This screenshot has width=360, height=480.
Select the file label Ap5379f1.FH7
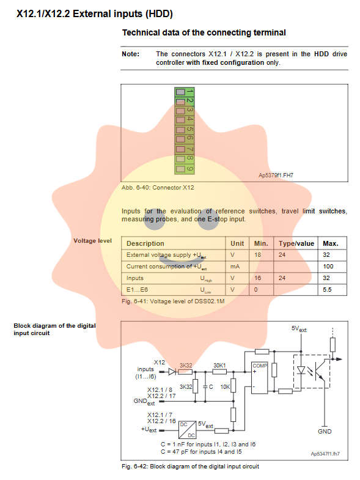(276, 175)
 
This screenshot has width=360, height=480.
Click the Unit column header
(237, 243)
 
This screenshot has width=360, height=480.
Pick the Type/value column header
(296, 243)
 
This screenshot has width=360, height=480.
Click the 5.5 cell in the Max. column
(327, 290)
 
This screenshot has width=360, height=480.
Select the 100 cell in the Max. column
(328, 267)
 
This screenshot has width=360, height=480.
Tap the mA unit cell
(235, 267)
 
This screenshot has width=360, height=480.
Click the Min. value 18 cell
(258, 255)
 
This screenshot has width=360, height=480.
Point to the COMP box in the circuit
(259, 378)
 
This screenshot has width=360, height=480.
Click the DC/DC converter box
(188, 430)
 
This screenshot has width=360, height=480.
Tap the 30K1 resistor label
(219, 366)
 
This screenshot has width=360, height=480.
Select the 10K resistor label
(225, 387)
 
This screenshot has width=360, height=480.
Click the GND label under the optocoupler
(325, 431)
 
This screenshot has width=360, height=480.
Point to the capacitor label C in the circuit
(211, 387)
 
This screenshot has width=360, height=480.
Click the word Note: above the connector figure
(130, 54)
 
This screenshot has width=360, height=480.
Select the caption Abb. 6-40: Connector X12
(158, 187)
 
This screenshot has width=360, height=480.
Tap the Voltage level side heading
(92, 241)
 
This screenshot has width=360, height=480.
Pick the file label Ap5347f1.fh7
(325, 454)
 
